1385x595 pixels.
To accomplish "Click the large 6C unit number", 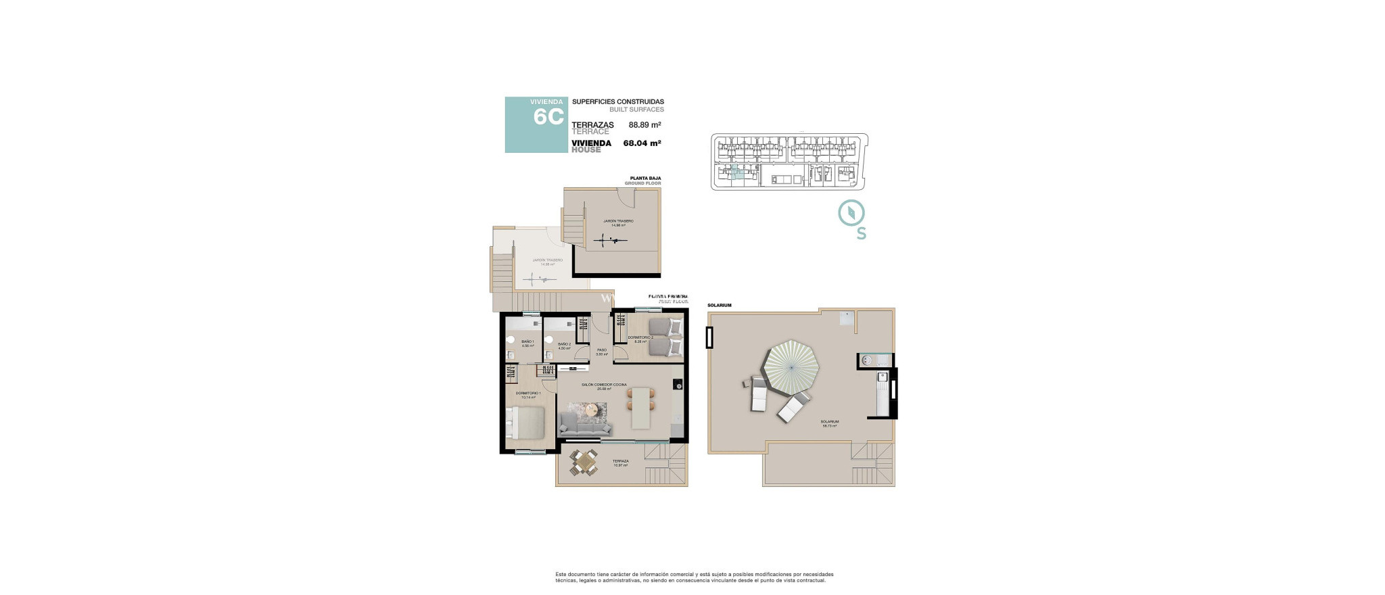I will pos(548,117).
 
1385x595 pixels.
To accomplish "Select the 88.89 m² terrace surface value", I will pos(644,125).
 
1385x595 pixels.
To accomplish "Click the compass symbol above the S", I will pos(851,213).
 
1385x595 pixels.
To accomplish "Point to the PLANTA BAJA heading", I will pos(645,178).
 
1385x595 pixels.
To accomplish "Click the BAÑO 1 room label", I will pos(527,343).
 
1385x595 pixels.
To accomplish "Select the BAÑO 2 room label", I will pos(564,345).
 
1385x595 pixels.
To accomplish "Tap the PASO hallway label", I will pos(601,351).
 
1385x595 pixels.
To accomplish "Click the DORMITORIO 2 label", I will pos(640,338).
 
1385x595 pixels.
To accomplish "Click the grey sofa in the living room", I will pos(586,425).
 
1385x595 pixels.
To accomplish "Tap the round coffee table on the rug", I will pos(591,409).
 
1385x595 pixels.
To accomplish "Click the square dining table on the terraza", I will pos(583,463).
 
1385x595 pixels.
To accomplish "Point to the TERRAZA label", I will pos(620,462).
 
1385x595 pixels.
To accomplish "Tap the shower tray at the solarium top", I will pos(847,317).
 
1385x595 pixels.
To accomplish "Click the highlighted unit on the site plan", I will pos(737,173).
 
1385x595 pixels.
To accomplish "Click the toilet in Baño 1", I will pos(511,340).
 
